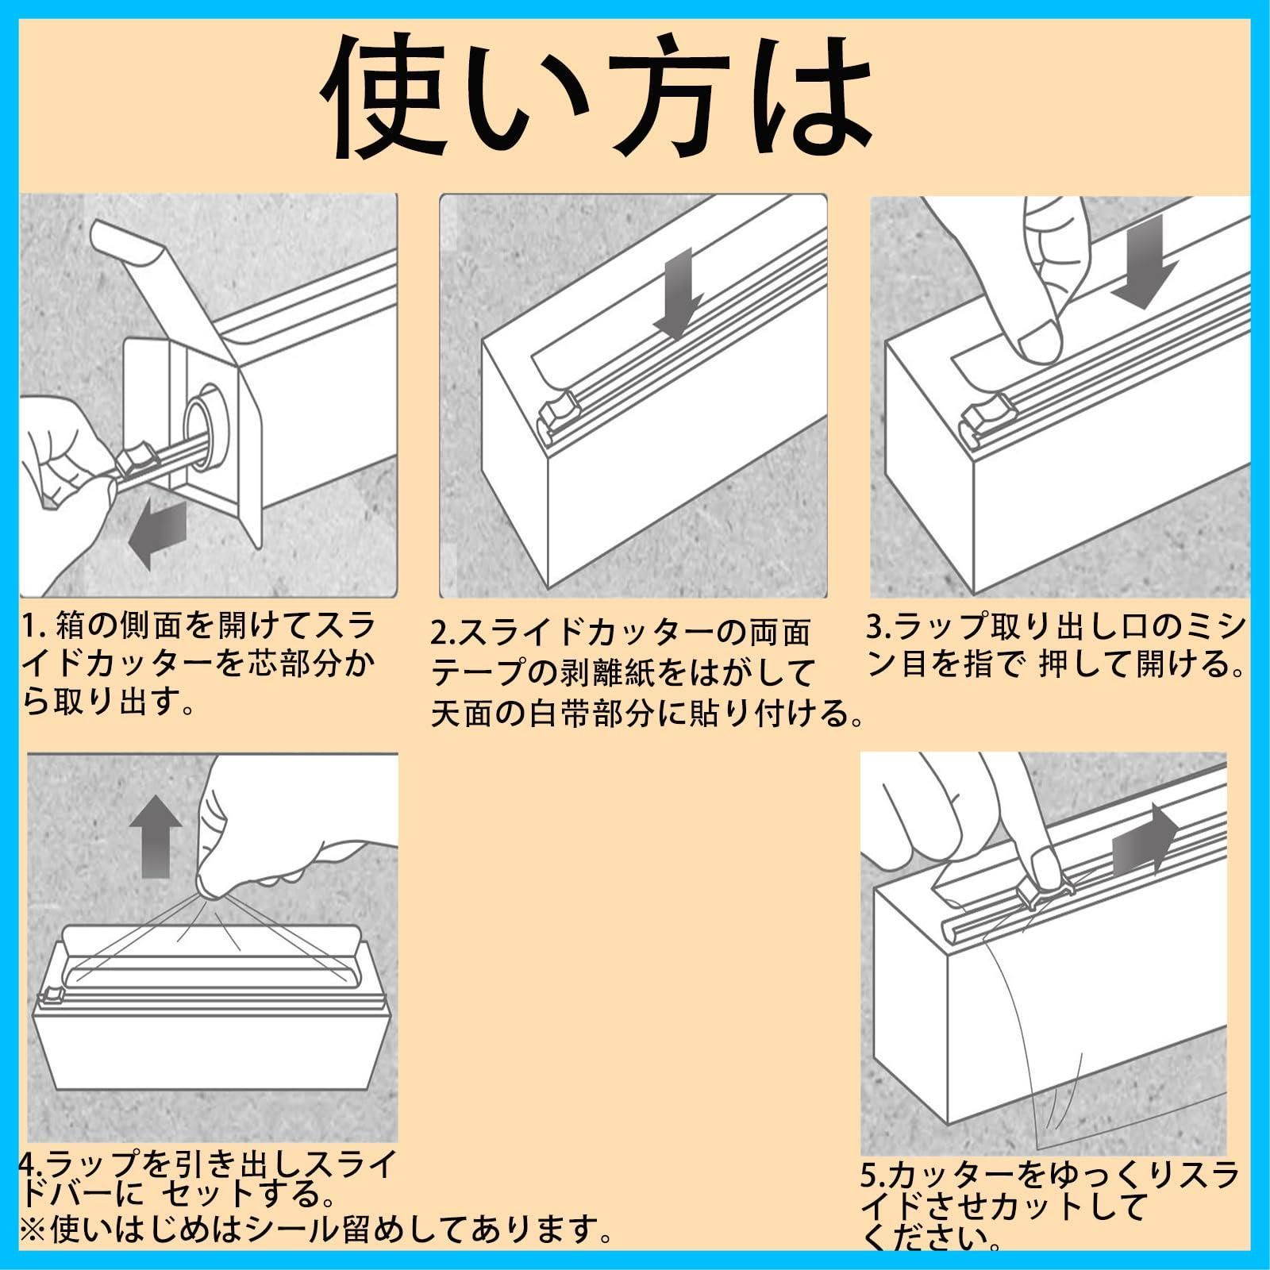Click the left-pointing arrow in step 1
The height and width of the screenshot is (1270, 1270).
click(x=157, y=534)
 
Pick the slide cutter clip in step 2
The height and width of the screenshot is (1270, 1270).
click(x=558, y=410)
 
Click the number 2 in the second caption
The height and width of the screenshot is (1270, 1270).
click(x=441, y=635)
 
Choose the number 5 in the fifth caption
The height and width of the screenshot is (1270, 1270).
click(x=871, y=1172)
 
